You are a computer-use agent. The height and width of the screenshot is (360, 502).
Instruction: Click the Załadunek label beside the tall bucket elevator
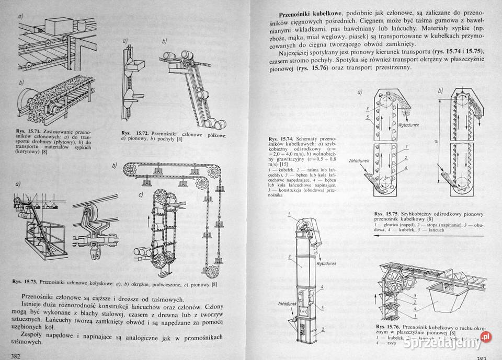pyautogui.click(x=285, y=304)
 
